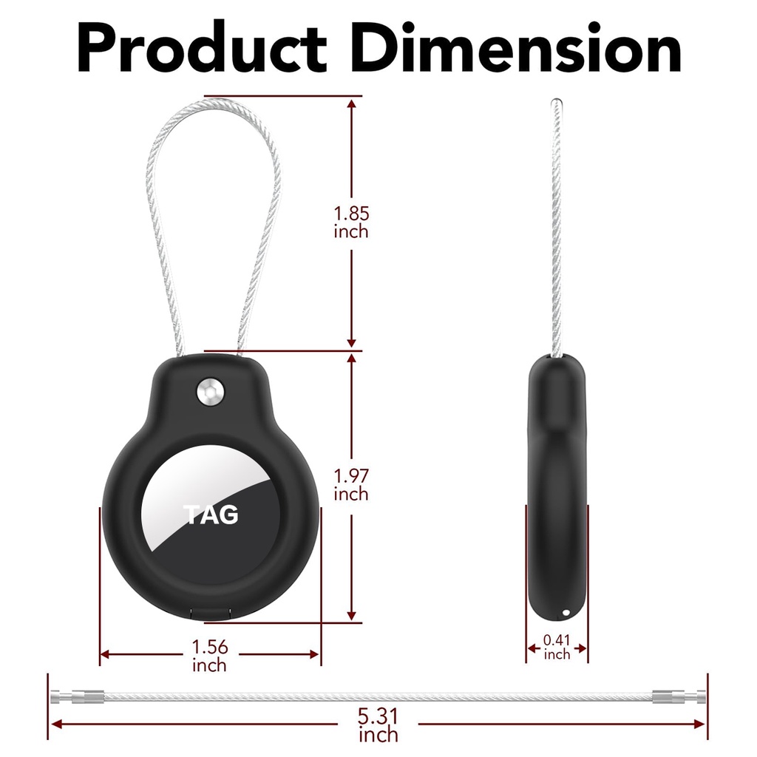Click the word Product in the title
coord(203,47)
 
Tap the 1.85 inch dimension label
coord(351,222)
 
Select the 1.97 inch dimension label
coord(351,485)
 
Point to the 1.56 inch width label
coord(209,656)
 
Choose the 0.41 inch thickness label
coord(557,647)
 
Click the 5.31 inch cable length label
coord(378,724)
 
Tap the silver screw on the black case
coord(211,391)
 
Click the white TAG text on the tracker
coord(211,515)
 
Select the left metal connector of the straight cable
coord(77,696)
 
